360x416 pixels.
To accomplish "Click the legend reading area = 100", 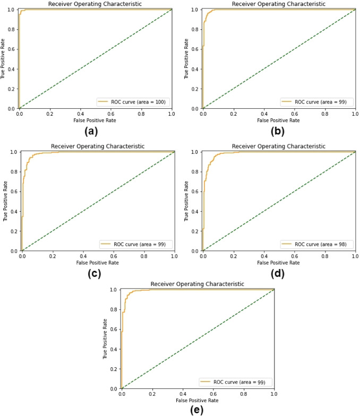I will click(132, 101).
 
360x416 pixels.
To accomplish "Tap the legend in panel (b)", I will click(317, 101).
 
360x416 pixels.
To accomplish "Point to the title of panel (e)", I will click(198, 284).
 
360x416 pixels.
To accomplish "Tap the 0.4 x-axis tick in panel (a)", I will click(80, 114).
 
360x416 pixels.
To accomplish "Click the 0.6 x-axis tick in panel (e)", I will click(213, 394).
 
